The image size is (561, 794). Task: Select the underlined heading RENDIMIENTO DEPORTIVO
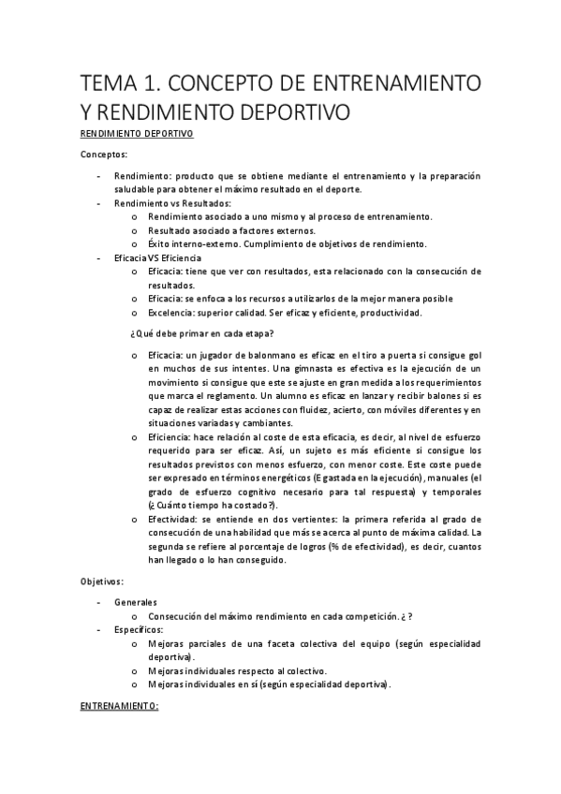tap(137, 134)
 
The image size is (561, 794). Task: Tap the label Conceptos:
tap(105, 154)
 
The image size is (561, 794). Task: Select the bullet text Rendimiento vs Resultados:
tap(172, 202)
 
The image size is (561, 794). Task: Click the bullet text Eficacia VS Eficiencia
tap(156, 257)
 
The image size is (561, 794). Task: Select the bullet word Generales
tap(136, 603)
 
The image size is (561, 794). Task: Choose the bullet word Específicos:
tap(139, 630)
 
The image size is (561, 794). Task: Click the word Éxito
tap(159, 243)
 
